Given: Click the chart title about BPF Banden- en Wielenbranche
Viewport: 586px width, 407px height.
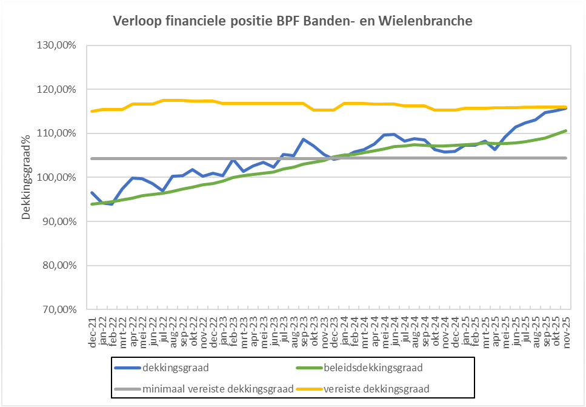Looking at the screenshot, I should point(293,21).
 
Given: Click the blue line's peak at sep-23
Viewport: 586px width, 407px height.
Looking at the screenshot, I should point(304,139).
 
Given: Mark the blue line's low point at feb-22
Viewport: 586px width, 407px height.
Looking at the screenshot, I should point(112,204).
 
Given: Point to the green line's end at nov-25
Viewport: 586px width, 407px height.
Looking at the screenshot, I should point(566,130).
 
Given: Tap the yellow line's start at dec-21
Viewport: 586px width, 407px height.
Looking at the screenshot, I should point(92,111).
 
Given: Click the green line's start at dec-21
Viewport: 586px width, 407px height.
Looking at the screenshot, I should point(92,204).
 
